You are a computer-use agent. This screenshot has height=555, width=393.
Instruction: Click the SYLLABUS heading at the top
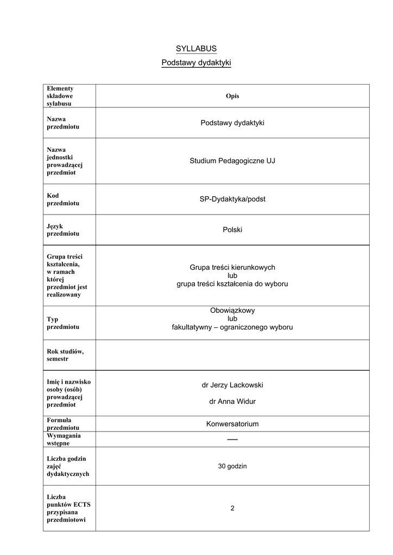[x=196, y=49]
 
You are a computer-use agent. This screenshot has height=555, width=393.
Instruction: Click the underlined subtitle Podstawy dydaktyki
[x=196, y=63]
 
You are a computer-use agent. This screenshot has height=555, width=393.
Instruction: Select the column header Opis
[x=232, y=96]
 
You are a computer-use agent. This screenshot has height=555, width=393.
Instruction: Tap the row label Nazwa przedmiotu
[x=63, y=122]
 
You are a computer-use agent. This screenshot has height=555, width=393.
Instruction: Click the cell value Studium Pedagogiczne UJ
[x=232, y=161]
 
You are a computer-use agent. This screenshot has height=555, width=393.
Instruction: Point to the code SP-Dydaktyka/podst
[x=232, y=199]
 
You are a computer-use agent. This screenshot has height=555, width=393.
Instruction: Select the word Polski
[x=232, y=230]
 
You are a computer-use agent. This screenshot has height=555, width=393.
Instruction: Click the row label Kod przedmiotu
[x=63, y=199]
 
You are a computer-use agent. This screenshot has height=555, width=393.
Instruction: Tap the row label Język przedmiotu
[x=63, y=230]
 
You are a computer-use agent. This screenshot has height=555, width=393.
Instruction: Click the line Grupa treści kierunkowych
[x=232, y=267]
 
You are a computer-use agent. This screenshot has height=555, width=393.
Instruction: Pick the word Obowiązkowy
[x=232, y=311]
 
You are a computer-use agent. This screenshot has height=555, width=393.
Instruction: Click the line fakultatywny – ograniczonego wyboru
[x=232, y=327]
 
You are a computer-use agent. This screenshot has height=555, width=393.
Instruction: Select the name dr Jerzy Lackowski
[x=232, y=385]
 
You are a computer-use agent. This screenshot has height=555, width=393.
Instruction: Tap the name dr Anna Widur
[x=232, y=402]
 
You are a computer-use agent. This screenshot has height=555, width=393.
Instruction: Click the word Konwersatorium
[x=232, y=424]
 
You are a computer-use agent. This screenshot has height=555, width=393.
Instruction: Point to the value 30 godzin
[x=232, y=466]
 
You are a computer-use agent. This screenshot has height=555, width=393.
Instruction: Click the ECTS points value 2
[x=232, y=508]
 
